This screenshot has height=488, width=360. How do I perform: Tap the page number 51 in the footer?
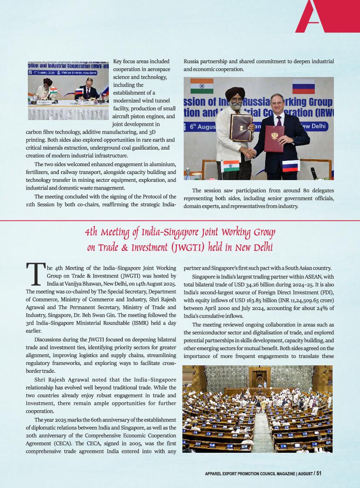tap(319, 474)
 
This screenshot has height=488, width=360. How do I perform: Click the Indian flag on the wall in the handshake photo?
tap(202, 86)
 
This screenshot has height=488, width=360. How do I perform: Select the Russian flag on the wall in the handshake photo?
tap(303, 87)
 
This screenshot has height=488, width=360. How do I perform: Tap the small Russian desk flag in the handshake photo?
tap(290, 166)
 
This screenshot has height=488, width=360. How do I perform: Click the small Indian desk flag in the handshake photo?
tap(231, 166)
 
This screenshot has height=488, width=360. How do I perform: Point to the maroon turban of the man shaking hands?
tap(235, 93)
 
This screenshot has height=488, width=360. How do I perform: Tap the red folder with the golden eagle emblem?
tap(274, 138)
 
